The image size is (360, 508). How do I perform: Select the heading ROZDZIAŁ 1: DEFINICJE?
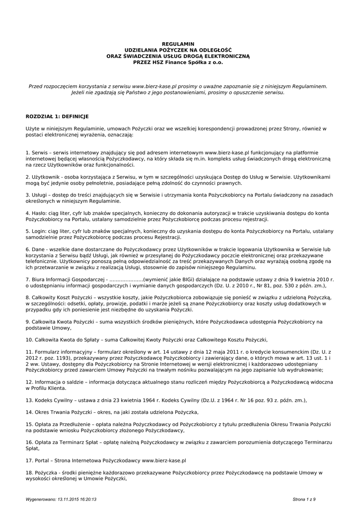pyautogui.click(x=57, y=116)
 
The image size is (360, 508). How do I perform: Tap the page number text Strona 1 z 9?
pyautogui.click(x=304, y=499)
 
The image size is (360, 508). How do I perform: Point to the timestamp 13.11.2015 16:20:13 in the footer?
pyautogui.click(x=77, y=499)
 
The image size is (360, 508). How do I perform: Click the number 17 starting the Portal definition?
pyautogui.click(x=29, y=460)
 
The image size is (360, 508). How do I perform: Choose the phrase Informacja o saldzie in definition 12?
pyautogui.click(x=58, y=382)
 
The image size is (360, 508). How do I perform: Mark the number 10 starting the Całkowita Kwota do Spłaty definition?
pyautogui.click(x=29, y=340)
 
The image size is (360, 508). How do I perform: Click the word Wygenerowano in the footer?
pyautogui.click(x=41, y=499)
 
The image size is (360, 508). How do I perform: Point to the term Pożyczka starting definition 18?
pyautogui.click(x=46, y=473)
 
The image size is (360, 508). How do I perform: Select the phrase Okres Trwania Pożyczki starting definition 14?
pyautogui.click(x=64, y=412)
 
